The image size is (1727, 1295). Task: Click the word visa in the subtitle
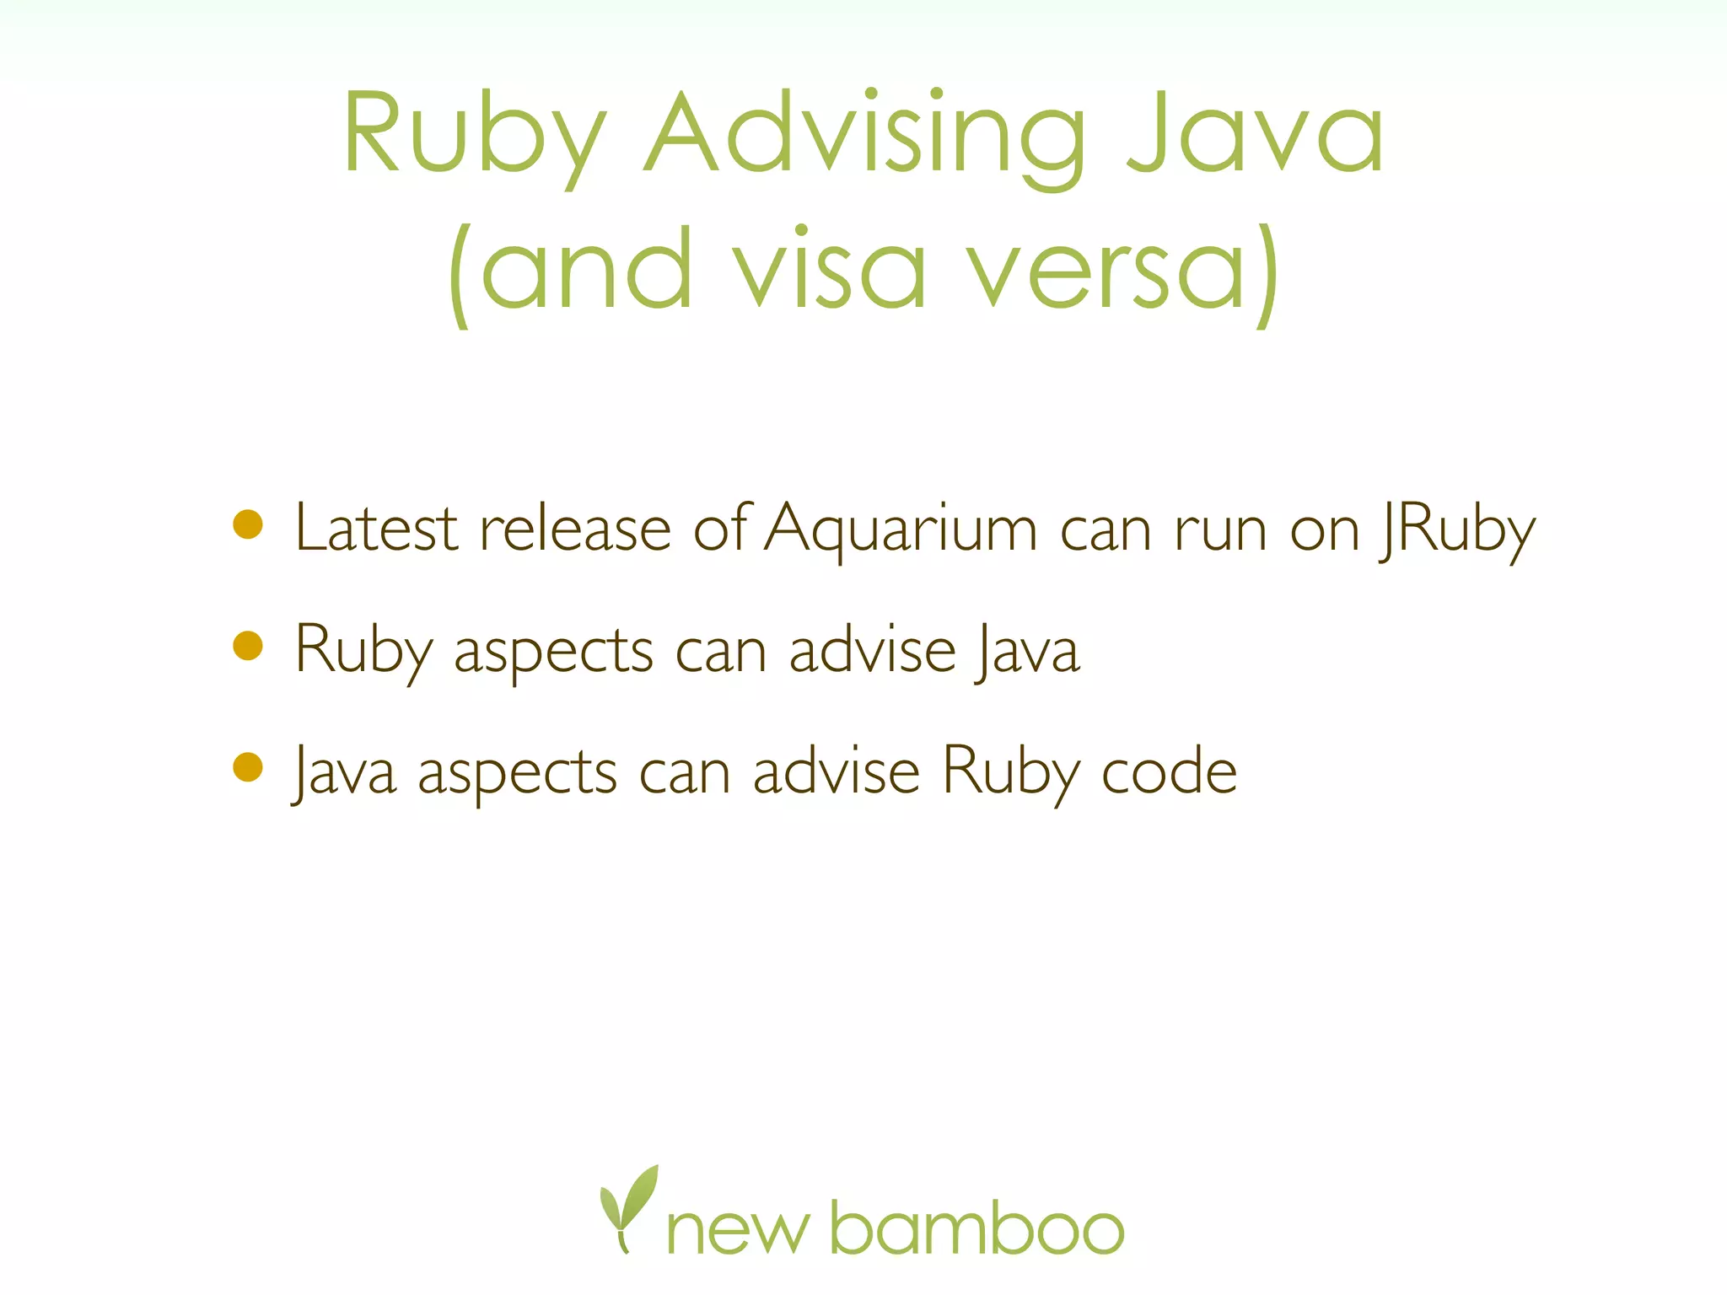coord(830,270)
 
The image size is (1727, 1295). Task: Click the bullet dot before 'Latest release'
coord(248,524)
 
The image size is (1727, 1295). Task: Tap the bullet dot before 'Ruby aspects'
coord(248,646)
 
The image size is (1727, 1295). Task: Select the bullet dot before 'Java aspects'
coord(248,767)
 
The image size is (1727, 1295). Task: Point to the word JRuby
coord(1457,529)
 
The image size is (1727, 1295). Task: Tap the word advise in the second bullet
coord(872,650)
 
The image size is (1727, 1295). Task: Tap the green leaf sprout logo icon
coord(627,1206)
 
